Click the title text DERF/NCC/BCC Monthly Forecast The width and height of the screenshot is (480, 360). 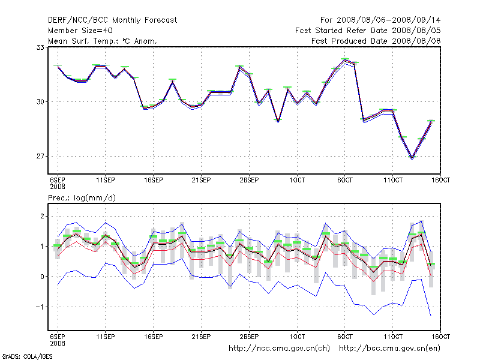[x=112, y=20]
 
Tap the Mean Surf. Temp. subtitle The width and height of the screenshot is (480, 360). [x=102, y=41]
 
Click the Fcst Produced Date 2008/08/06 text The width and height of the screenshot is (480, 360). [x=376, y=41]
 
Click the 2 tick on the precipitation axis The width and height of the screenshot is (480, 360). [x=43, y=216]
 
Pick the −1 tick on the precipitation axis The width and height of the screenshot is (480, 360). [x=41, y=307]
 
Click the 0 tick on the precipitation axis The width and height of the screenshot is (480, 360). [x=43, y=277]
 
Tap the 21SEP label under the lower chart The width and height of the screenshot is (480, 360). [x=201, y=336]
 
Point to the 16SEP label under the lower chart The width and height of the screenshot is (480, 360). [x=154, y=336]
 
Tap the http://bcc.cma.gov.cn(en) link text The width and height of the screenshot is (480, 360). [x=390, y=348]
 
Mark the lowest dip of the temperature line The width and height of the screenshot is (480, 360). [x=412, y=158]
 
